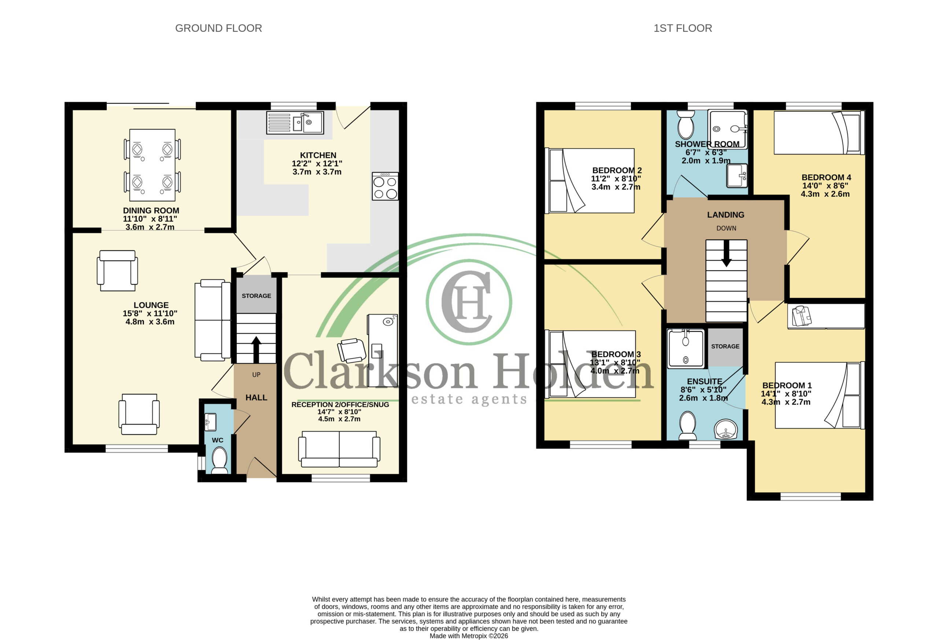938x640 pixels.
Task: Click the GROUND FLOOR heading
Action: point(218,28)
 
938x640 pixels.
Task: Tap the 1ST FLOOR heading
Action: point(683,28)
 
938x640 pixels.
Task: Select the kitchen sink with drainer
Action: point(295,123)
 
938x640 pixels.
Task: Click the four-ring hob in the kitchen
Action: point(385,186)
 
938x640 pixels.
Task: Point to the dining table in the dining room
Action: point(152,165)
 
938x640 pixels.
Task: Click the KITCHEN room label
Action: point(318,155)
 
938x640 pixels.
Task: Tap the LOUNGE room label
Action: point(151,305)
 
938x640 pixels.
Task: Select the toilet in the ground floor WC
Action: point(219,461)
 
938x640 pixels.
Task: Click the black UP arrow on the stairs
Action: point(256,349)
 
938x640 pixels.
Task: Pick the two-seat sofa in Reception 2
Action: point(339,449)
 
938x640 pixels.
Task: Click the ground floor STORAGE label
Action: point(256,296)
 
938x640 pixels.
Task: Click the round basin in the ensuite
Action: point(726,429)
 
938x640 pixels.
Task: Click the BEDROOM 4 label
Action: point(826,178)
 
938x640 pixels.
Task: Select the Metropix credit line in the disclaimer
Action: point(469,636)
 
